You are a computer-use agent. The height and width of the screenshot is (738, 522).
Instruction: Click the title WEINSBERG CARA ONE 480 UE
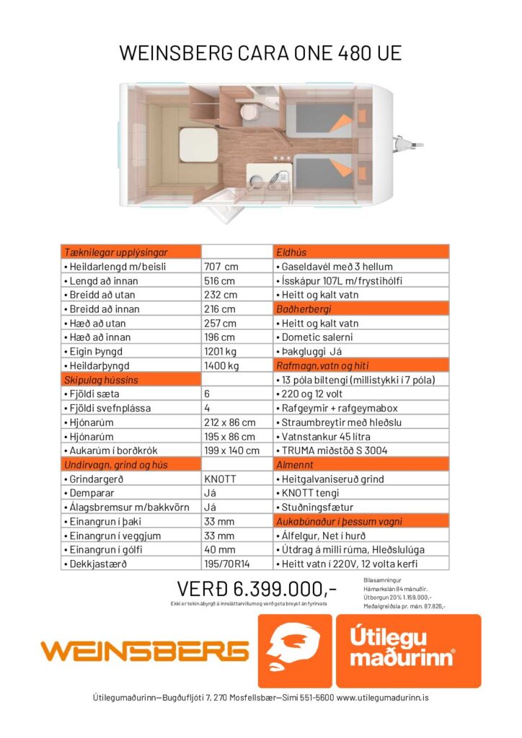tap(260, 53)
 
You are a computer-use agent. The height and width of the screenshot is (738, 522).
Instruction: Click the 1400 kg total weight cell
tap(221, 366)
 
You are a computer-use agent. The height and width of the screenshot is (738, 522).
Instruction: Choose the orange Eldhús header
tap(291, 252)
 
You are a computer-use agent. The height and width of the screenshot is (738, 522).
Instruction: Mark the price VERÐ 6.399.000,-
tap(257, 589)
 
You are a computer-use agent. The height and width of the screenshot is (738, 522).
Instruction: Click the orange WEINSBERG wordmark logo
tap(144, 651)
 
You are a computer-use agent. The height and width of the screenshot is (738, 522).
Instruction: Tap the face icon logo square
tap(296, 651)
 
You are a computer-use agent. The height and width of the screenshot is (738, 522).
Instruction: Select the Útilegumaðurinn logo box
tap(408, 651)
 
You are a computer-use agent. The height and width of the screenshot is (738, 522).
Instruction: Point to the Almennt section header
tap(295, 465)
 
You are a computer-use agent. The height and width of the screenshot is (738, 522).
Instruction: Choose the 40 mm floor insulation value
tap(219, 550)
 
